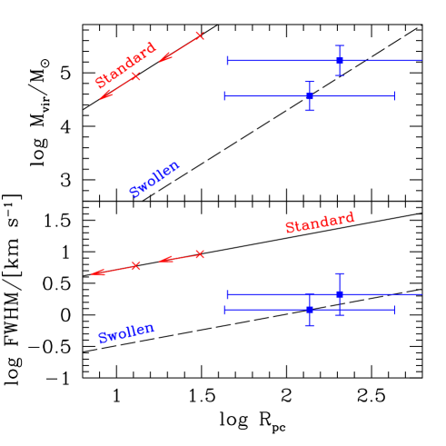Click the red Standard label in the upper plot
point(126,64)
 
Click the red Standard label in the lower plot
point(320,223)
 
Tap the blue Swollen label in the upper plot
point(154,179)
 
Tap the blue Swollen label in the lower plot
point(126,333)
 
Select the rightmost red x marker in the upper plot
point(200,36)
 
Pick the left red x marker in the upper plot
point(136,77)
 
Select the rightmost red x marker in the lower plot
point(200,254)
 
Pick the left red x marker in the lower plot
point(136,265)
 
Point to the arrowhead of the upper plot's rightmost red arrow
point(161,62)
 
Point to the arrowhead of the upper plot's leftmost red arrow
point(102,98)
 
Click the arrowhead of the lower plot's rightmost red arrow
point(161,262)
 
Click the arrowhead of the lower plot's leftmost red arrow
point(93,273)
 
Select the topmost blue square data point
point(339,60)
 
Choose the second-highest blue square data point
point(310,95)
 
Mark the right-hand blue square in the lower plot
point(339,294)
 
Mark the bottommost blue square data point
point(310,310)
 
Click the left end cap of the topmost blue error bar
point(227,60)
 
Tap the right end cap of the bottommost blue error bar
point(394,310)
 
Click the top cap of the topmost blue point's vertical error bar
point(339,45)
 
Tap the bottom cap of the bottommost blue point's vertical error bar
point(310,325)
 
